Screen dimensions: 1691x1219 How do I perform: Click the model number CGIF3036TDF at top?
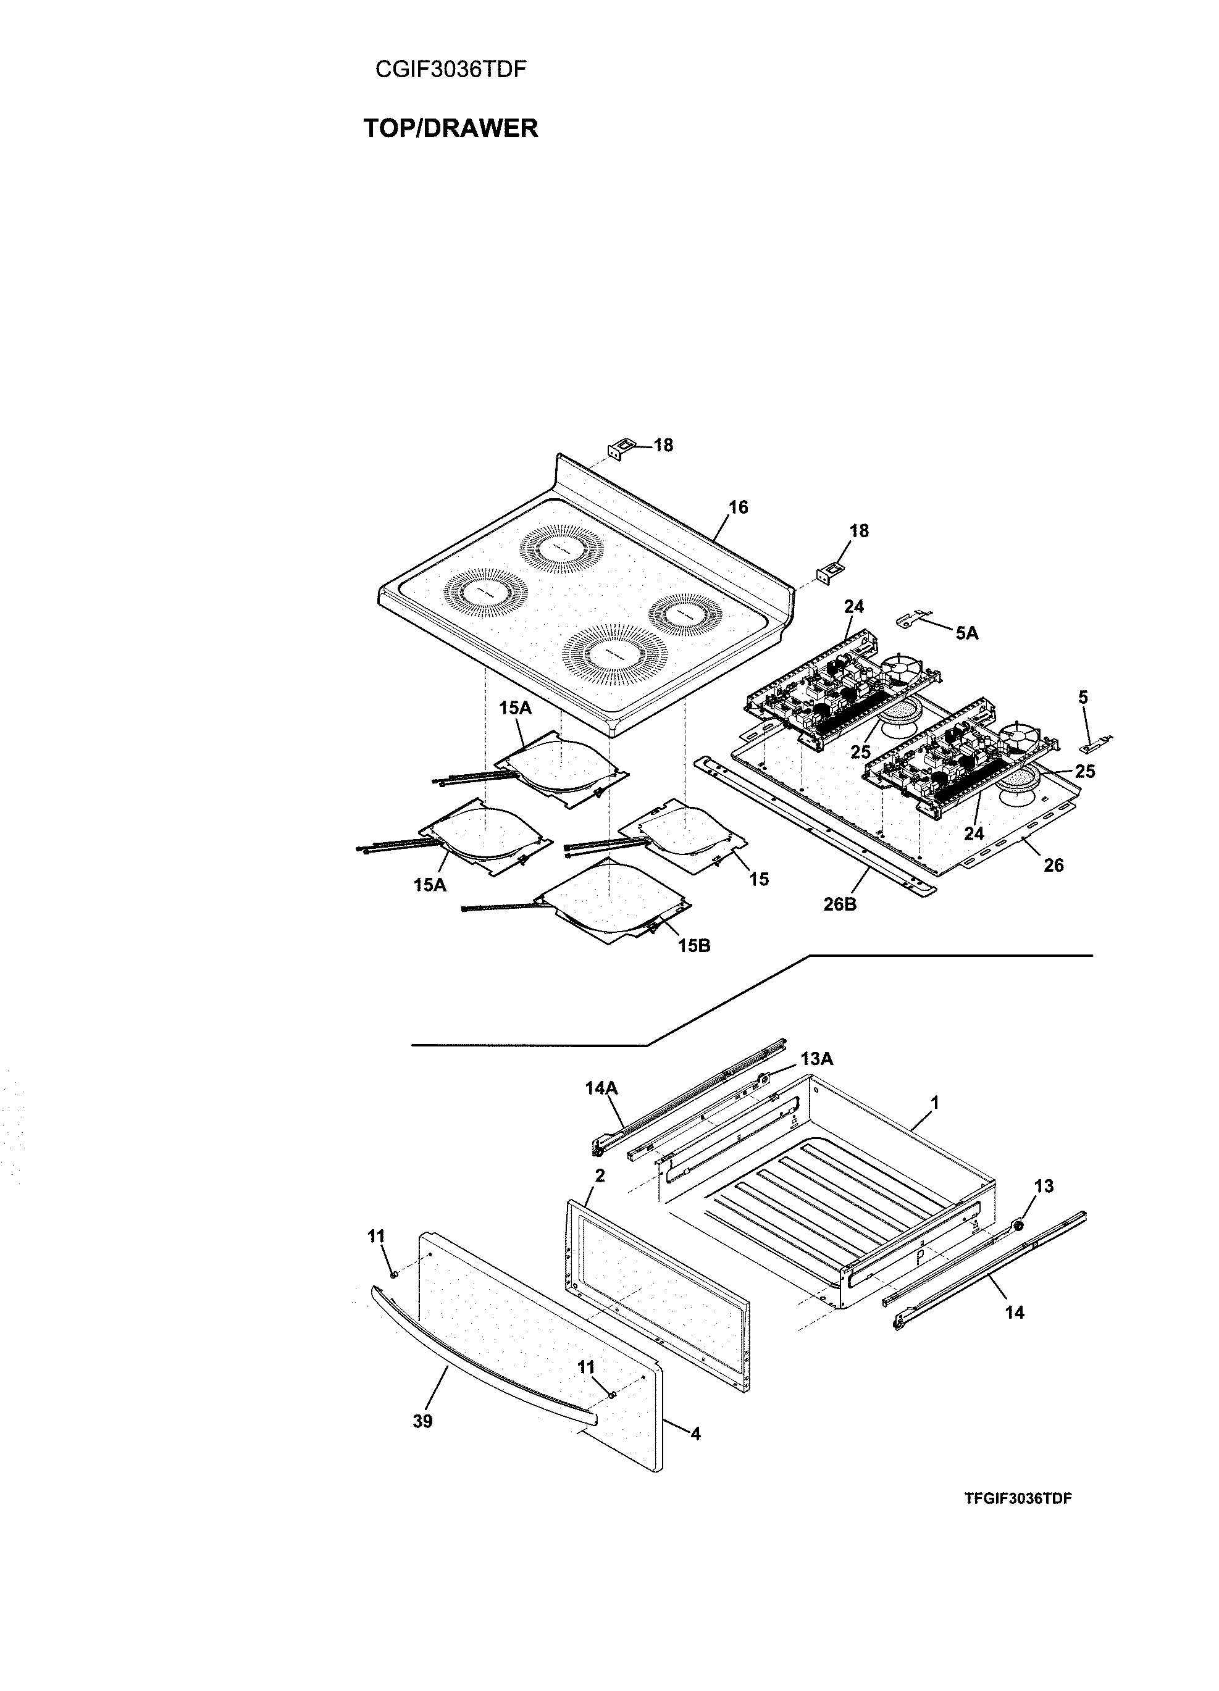(x=450, y=69)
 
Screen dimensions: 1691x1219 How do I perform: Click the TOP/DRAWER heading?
(x=450, y=128)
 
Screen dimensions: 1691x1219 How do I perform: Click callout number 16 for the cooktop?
(x=737, y=507)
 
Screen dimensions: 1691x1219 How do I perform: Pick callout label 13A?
(x=816, y=1058)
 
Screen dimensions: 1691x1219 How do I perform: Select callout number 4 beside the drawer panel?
(x=695, y=1433)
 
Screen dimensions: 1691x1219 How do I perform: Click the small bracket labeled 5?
(x=1094, y=743)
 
